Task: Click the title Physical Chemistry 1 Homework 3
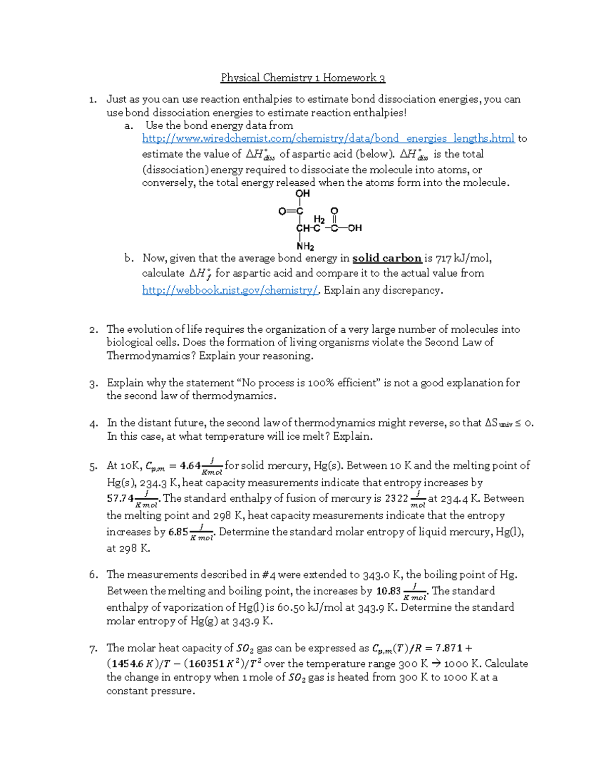[302, 78]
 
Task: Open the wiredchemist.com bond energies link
[328, 138]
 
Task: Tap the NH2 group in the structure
[305, 247]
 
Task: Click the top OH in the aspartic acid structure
[302, 193]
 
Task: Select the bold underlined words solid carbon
[387, 258]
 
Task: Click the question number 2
[93, 330]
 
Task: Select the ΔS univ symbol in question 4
[498, 423]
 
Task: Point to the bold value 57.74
[120, 498]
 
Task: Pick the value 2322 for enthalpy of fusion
[396, 499]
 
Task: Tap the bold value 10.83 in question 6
[388, 591]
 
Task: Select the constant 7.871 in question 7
[448, 648]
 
